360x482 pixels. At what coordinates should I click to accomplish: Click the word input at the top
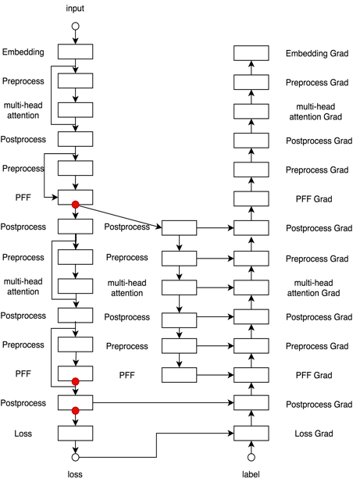click(x=75, y=9)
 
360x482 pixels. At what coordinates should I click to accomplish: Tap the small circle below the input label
click(x=75, y=26)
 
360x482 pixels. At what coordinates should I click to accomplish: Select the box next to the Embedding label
click(x=75, y=52)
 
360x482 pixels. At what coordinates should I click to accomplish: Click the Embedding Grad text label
click(x=317, y=53)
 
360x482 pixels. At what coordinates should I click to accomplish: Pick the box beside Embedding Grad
click(x=251, y=53)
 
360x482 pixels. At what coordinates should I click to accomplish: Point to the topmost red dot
click(x=75, y=205)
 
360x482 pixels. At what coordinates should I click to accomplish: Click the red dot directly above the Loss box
click(x=75, y=411)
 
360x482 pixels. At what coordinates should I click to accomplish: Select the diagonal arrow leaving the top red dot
click(x=119, y=216)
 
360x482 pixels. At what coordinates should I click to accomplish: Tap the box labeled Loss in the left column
click(x=75, y=434)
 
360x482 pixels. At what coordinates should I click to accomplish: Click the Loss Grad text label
click(x=314, y=434)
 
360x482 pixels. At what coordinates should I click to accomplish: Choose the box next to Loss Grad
click(x=251, y=434)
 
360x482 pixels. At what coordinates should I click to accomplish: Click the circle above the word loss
click(x=75, y=458)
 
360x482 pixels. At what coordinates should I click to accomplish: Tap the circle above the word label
click(x=251, y=458)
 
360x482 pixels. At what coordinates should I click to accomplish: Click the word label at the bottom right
click(x=251, y=474)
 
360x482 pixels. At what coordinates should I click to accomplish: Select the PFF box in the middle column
click(x=179, y=375)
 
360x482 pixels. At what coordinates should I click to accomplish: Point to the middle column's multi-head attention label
click(x=127, y=287)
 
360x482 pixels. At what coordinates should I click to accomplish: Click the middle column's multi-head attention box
click(x=179, y=287)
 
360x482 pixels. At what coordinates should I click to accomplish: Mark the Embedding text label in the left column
click(x=23, y=52)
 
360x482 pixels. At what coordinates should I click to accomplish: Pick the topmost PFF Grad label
click(x=314, y=199)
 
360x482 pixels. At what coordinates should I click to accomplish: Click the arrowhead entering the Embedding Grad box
click(x=251, y=64)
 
